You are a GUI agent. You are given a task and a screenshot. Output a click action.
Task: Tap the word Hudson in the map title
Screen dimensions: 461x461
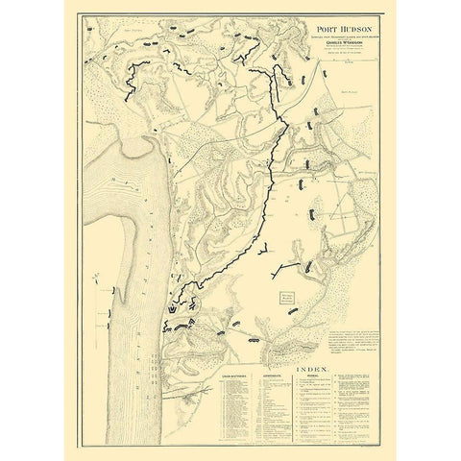[332, 29]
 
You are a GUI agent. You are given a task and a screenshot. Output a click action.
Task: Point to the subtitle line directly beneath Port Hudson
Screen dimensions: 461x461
[322, 36]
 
